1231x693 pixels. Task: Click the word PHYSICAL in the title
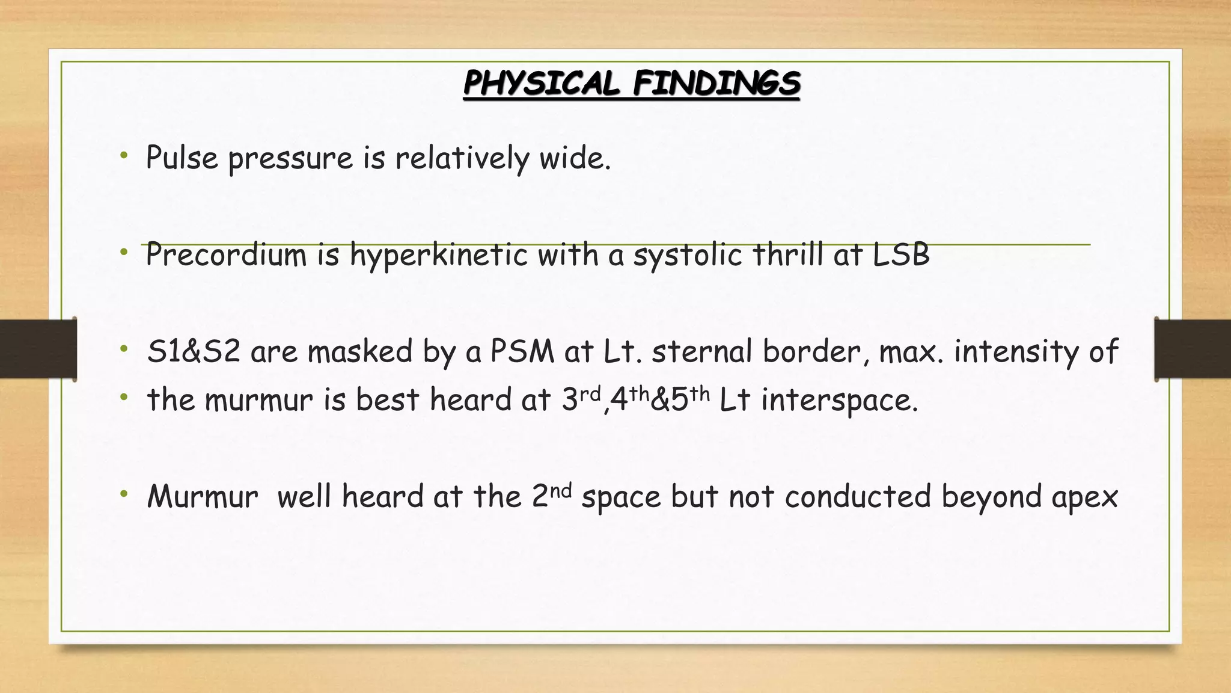pos(541,83)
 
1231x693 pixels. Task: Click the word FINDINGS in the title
pos(716,83)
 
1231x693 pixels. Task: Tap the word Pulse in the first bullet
pos(182,159)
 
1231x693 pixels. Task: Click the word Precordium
pos(227,255)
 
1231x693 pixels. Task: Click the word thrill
pos(787,255)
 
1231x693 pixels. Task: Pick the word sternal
pos(702,352)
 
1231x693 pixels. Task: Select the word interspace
pos(839,401)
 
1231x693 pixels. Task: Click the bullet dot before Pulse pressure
pos(124,156)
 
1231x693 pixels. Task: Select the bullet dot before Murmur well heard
pos(124,494)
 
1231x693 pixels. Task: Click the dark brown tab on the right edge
pos(1193,349)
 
